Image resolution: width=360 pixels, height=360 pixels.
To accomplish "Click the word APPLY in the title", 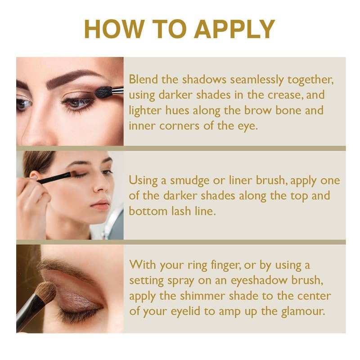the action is tap(234, 29).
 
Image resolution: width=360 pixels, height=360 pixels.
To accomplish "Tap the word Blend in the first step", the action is tap(143, 80).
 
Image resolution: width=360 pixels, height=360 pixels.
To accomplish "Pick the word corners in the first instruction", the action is tap(179, 126).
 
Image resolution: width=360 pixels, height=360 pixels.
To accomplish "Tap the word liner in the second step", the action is tap(241, 180).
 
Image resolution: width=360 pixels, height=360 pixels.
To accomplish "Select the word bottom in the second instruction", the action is tap(148, 211).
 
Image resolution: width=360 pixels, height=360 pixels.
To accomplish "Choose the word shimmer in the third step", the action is tap(202, 296).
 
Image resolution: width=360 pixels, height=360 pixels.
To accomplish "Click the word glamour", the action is tap(303, 312).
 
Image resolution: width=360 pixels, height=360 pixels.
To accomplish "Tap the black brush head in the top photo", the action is tap(103, 92).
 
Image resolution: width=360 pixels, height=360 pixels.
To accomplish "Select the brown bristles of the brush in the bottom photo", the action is tap(46, 292).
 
